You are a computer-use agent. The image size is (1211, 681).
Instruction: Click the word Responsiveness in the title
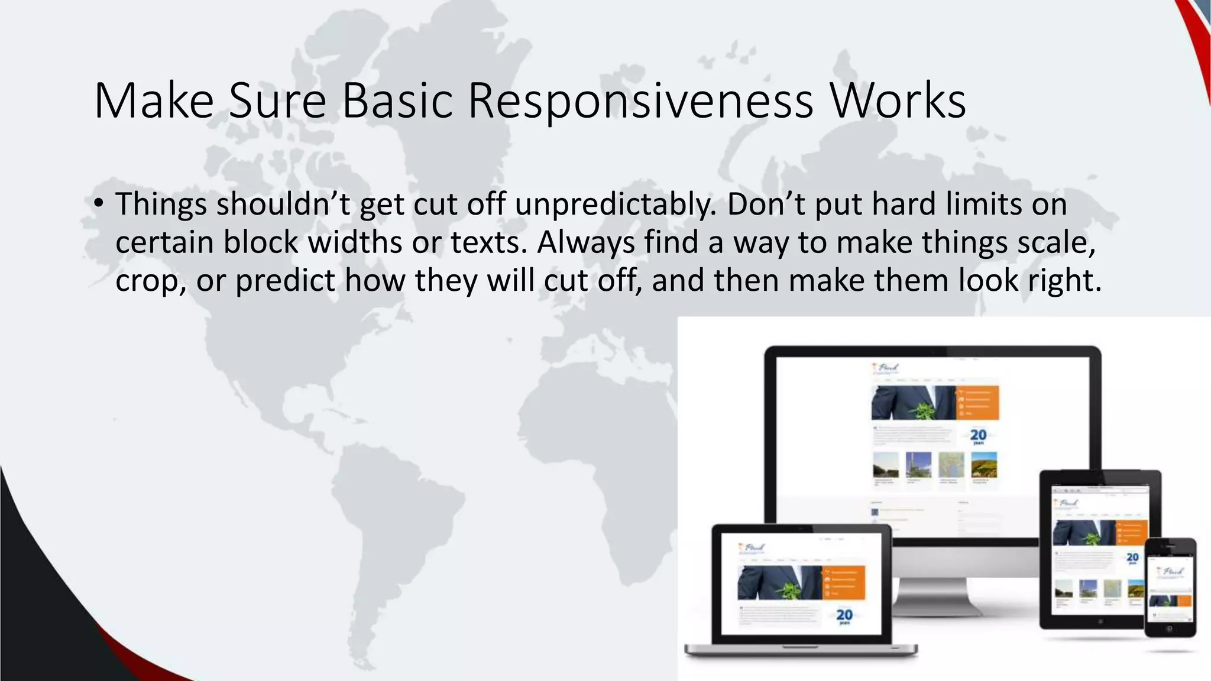(x=640, y=100)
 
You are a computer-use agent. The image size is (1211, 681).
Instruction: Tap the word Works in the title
(x=898, y=100)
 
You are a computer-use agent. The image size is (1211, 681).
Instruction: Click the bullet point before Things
(x=98, y=205)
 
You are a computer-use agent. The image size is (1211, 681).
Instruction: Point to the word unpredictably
(x=615, y=205)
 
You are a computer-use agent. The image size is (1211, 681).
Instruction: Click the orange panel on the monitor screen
(x=977, y=403)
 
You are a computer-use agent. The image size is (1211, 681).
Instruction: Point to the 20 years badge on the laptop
(x=844, y=617)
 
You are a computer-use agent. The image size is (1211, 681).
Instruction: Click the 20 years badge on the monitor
(x=978, y=437)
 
